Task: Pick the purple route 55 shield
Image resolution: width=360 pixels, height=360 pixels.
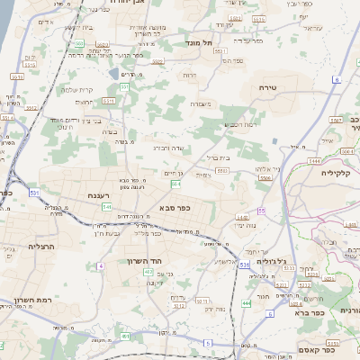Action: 261,210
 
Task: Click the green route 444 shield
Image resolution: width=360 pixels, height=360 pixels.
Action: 246,303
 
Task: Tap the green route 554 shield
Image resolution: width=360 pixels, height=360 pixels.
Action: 175,183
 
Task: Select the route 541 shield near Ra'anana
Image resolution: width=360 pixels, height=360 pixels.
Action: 106,206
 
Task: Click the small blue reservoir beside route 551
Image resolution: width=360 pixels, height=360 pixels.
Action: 112,74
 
